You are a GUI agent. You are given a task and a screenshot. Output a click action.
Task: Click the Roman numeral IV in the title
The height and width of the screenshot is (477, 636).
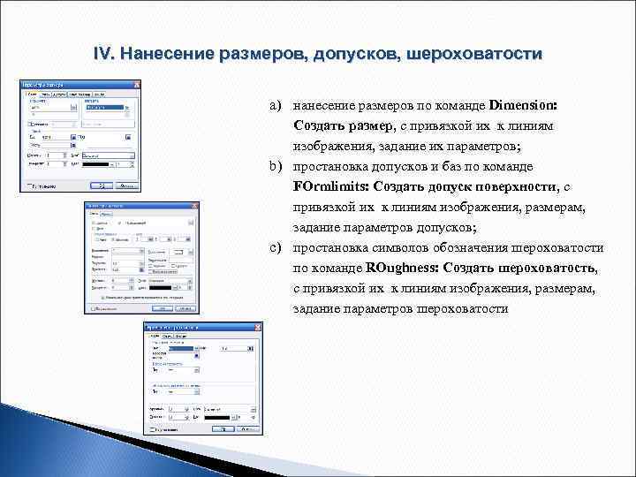coord(103,55)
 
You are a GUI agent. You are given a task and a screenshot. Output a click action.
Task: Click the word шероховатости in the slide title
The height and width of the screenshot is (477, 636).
coord(474,55)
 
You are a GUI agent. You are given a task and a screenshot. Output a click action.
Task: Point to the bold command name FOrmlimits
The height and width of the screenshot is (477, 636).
coord(330,186)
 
